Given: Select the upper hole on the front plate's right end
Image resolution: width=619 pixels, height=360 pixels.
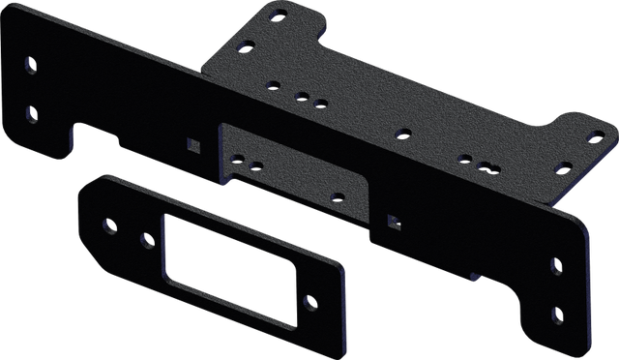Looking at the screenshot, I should pyautogui.click(x=555, y=263).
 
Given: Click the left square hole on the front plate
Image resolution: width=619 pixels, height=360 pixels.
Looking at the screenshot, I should pyautogui.click(x=192, y=145).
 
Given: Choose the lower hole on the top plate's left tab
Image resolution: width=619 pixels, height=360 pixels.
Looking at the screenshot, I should pyautogui.click(x=249, y=44).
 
